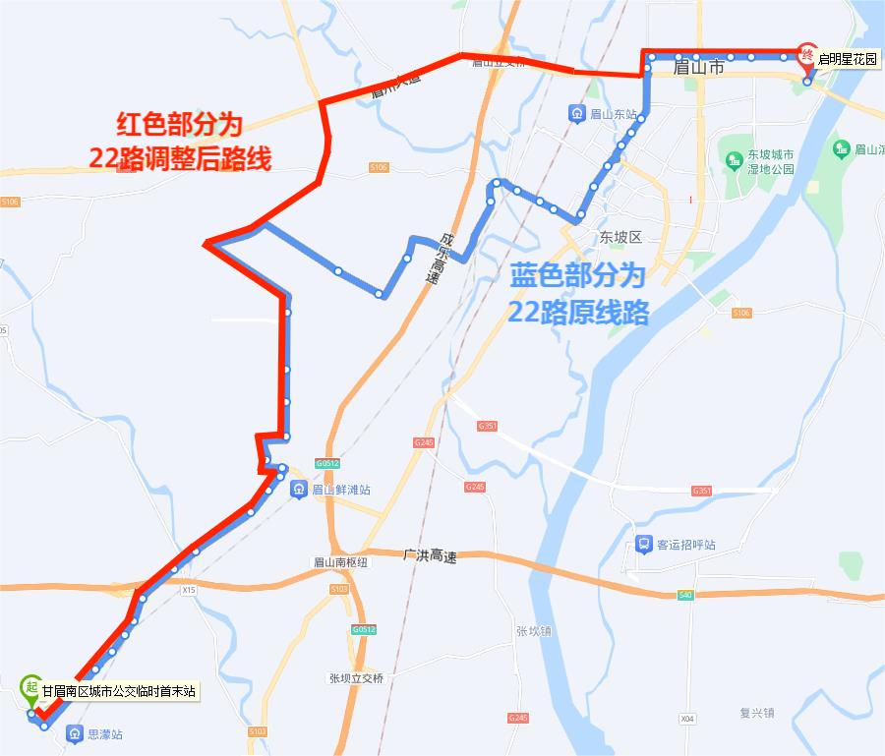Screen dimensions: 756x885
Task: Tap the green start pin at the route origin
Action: point(31,687)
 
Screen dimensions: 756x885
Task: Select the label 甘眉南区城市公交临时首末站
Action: point(119,692)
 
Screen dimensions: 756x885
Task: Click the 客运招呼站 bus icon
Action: point(643,544)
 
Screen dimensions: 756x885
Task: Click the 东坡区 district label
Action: point(619,238)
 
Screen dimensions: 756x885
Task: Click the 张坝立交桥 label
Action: point(356,678)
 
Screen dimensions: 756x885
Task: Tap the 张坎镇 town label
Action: point(535,631)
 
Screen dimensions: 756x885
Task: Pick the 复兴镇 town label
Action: point(757,713)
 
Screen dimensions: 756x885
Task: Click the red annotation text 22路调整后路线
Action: point(179,159)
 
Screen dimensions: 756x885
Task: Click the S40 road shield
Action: point(685,596)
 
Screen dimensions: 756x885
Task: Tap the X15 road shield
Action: point(190,590)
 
